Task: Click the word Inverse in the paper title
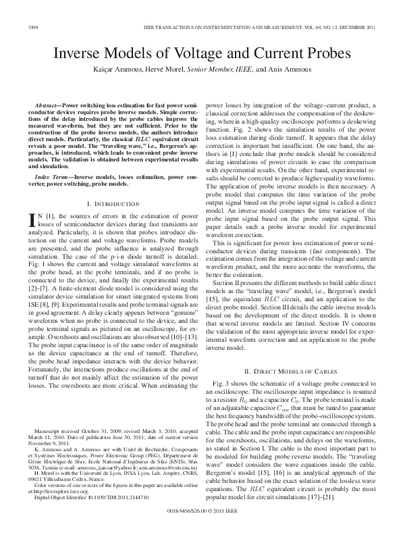point(80,53)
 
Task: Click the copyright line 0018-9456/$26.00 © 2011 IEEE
point(200,512)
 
